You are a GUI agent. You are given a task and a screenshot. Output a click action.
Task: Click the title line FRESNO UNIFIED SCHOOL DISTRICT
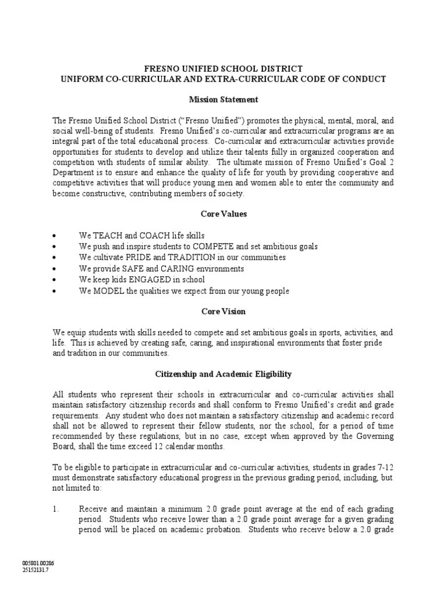pos(223,69)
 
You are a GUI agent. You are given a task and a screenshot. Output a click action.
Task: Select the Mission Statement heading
pos(223,100)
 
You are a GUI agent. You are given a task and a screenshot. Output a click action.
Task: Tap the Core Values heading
pos(223,214)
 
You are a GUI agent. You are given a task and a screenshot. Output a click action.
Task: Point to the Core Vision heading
pos(223,311)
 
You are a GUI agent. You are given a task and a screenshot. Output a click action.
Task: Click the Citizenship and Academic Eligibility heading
pos(223,374)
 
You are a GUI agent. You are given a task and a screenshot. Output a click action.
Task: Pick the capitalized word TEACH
pos(106,236)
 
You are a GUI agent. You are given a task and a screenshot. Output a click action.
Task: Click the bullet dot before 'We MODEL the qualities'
pos(54,291)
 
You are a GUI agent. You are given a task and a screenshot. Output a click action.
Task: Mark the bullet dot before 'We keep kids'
pos(54,280)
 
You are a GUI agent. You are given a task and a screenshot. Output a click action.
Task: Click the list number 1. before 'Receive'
pos(56,509)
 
